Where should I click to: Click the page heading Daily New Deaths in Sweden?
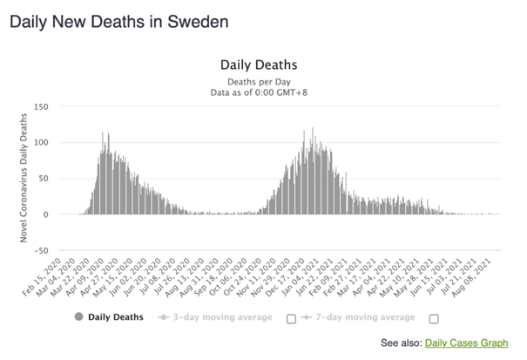[119, 22]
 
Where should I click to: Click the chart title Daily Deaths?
[259, 65]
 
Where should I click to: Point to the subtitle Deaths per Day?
[259, 82]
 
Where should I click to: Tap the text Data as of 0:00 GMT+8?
[259, 92]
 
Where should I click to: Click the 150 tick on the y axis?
[41, 107]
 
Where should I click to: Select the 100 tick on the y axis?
[41, 143]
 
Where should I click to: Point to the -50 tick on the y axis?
[41, 251]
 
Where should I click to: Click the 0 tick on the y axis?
[45, 214]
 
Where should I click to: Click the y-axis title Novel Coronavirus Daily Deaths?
[24, 178]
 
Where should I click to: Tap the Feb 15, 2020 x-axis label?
[42, 276]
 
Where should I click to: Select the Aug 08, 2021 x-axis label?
[471, 278]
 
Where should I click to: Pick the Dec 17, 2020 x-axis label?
[285, 278]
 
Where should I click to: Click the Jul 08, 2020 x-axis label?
[156, 276]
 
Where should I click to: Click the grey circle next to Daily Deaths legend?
[78, 317]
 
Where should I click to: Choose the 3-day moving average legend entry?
[215, 317]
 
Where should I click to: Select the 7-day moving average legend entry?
[358, 317]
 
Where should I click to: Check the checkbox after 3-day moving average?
[292, 319]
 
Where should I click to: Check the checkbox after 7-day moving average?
[435, 319]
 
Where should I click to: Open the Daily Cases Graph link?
[467, 343]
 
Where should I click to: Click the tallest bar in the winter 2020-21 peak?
[313, 171]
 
